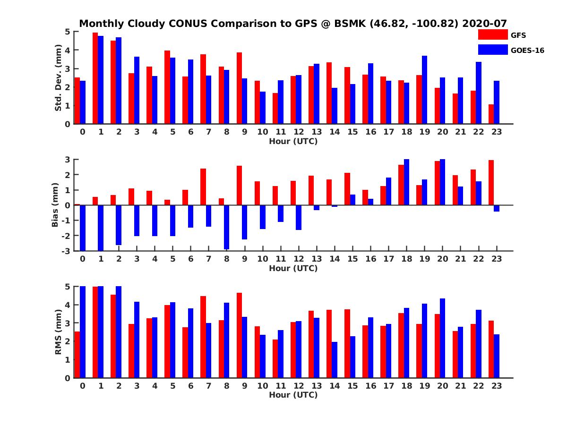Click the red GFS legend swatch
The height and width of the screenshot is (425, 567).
(x=493, y=34)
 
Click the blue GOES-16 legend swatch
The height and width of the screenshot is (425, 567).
(x=493, y=50)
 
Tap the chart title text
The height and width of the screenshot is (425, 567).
(x=293, y=24)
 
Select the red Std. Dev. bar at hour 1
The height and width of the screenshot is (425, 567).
(x=95, y=78)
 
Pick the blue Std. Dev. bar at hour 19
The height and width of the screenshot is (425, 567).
(x=424, y=90)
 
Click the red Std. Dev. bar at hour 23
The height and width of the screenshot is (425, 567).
(x=491, y=114)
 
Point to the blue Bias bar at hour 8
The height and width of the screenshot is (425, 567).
(x=226, y=227)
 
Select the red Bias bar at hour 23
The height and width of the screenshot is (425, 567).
(x=491, y=183)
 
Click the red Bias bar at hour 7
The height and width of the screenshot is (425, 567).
(x=203, y=187)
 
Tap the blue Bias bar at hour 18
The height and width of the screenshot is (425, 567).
(x=406, y=182)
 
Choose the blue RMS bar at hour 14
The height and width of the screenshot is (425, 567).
(x=335, y=360)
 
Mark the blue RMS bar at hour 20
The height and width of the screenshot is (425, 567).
(x=442, y=338)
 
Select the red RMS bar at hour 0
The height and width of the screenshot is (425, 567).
(x=77, y=355)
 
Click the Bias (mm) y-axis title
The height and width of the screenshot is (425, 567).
(x=55, y=205)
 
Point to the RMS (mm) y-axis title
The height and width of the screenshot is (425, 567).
(x=58, y=332)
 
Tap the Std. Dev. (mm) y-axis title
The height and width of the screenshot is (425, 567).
(x=58, y=78)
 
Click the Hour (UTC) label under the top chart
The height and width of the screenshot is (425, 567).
(x=293, y=141)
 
